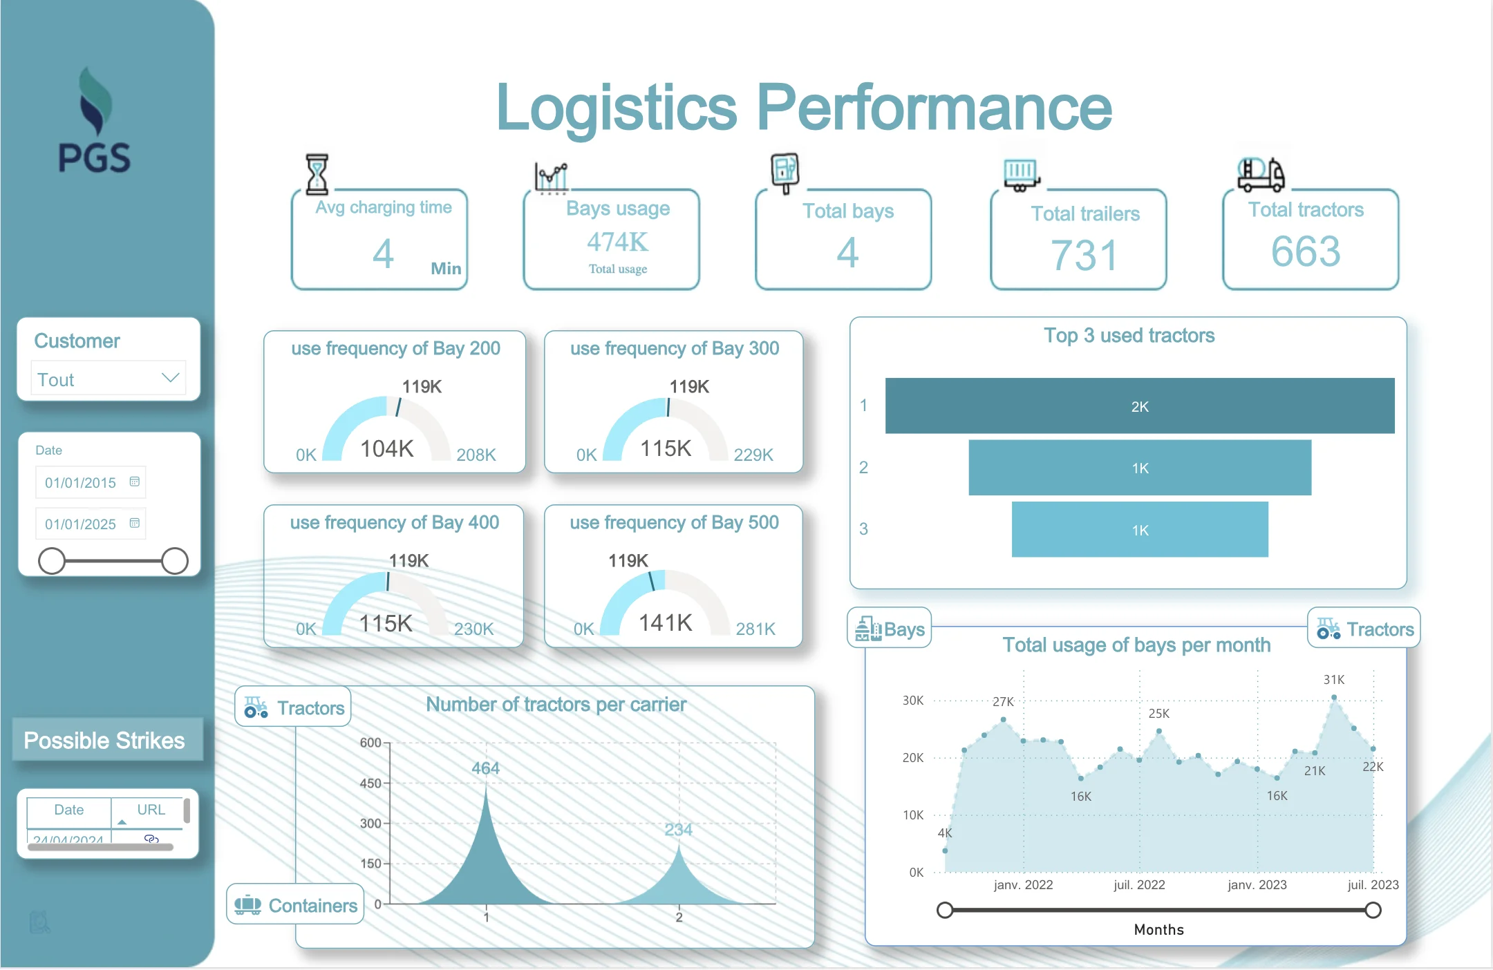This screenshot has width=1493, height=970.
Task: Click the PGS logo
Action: pyautogui.click(x=95, y=121)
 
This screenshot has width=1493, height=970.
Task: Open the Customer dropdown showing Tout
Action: pyautogui.click(x=109, y=379)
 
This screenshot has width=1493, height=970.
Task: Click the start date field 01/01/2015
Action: pyautogui.click(x=81, y=482)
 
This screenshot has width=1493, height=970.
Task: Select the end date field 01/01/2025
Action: pyautogui.click(x=81, y=524)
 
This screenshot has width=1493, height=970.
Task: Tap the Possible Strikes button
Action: pyautogui.click(x=105, y=741)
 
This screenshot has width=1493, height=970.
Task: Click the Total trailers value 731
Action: pyautogui.click(x=1084, y=255)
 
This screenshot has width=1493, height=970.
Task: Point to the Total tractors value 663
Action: pyautogui.click(x=1306, y=251)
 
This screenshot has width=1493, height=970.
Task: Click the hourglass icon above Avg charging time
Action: pyautogui.click(x=317, y=173)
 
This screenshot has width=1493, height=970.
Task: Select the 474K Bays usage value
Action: pyautogui.click(x=617, y=242)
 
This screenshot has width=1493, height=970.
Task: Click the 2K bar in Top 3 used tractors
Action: pyautogui.click(x=1139, y=406)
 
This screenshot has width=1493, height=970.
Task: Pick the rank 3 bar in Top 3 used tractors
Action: pyautogui.click(x=1139, y=530)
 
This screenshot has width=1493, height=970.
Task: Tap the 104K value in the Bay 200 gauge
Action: pyautogui.click(x=386, y=448)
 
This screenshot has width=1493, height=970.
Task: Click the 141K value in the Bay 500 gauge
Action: pyautogui.click(x=665, y=622)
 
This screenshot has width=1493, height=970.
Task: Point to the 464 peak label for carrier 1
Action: pyautogui.click(x=485, y=768)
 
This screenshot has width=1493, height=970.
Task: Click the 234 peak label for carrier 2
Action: pyautogui.click(x=678, y=829)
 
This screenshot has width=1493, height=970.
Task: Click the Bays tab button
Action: pyautogui.click(x=890, y=629)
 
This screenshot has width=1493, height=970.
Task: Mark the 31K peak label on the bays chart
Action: pyautogui.click(x=1333, y=680)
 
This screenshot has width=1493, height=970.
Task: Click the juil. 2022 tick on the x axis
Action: pyautogui.click(x=1139, y=884)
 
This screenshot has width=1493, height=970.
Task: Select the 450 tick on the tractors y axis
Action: pyautogui.click(x=370, y=783)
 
